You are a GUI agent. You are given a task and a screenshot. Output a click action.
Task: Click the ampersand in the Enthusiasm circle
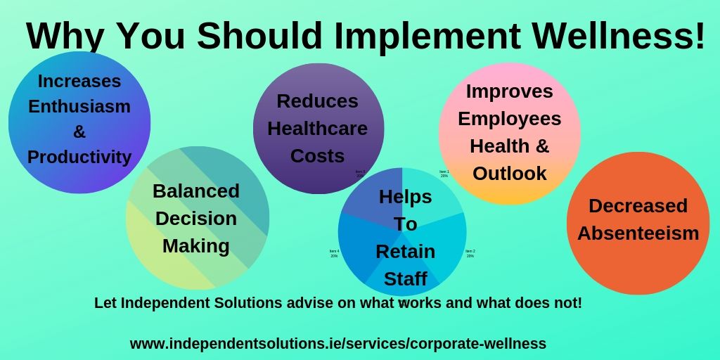[79, 131]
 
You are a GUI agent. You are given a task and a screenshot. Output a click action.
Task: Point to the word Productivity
[79, 157]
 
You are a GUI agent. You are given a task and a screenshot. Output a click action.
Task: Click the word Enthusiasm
[79, 107]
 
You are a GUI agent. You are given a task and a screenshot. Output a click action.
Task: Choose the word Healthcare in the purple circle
[318, 129]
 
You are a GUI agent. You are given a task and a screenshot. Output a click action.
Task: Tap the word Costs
[318, 155]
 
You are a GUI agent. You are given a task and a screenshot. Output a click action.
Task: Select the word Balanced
[196, 191]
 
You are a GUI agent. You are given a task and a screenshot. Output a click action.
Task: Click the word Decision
[196, 218]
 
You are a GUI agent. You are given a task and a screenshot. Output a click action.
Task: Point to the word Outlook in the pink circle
[510, 173]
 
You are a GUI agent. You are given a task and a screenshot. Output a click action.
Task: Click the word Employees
[510, 119]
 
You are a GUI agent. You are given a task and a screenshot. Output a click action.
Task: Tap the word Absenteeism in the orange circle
[638, 233]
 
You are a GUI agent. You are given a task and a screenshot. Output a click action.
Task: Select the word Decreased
[638, 206]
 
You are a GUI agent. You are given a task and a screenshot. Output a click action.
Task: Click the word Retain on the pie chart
[406, 251]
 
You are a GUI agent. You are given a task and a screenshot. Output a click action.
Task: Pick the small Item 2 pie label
[470, 253]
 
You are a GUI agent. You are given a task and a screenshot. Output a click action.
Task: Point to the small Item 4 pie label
[334, 253]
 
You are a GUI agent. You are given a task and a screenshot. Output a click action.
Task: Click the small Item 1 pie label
[444, 173]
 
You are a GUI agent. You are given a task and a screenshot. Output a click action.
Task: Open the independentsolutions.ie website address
[338, 344]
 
